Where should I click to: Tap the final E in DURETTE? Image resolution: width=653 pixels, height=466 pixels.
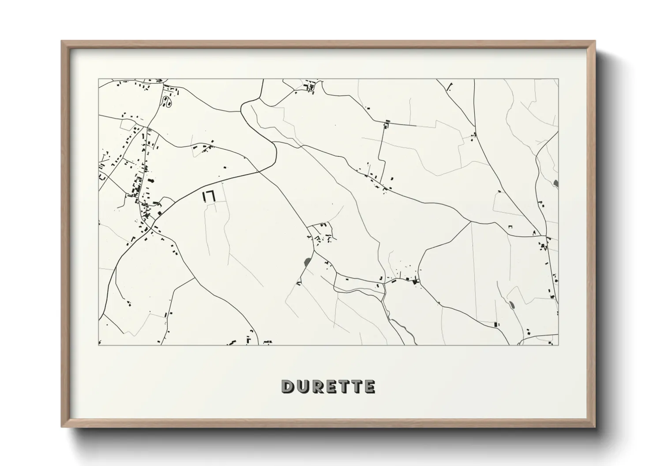click(370, 386)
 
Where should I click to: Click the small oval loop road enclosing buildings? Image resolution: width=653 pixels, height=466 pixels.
click(167, 102)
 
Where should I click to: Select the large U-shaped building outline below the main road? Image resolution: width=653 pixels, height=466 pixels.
click(208, 196)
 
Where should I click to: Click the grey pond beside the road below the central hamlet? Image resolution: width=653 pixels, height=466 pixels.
click(306, 263)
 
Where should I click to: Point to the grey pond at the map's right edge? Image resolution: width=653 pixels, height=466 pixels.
click(555, 183)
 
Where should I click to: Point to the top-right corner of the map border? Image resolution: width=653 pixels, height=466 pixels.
click(559, 79)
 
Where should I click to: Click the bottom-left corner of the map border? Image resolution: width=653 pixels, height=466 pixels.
click(98, 345)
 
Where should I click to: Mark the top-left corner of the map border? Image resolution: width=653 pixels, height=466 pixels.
click(98, 79)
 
